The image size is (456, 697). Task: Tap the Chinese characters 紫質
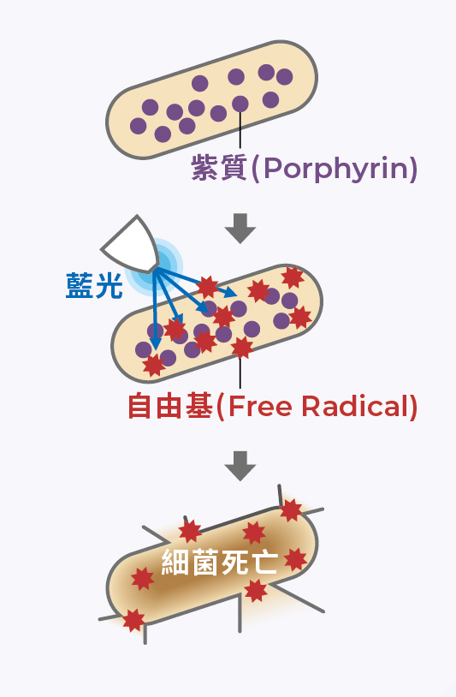click(x=219, y=168)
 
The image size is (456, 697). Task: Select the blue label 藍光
click(x=94, y=285)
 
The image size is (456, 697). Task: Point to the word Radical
click(x=354, y=406)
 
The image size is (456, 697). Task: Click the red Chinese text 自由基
click(x=170, y=406)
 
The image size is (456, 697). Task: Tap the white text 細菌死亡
click(x=220, y=563)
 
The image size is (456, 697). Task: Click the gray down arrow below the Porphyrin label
click(x=240, y=229)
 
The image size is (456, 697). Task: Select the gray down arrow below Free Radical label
click(x=240, y=466)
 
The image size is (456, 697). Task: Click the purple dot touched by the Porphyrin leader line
click(x=240, y=104)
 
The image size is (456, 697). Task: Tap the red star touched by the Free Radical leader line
click(x=242, y=348)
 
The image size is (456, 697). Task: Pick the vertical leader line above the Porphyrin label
click(x=240, y=130)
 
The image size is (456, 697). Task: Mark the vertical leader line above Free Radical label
click(x=240, y=373)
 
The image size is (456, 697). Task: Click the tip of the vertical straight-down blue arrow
click(x=155, y=350)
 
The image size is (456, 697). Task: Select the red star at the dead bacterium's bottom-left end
click(x=133, y=621)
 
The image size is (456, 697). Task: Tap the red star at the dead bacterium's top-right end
click(x=291, y=509)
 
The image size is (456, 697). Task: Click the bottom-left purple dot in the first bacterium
click(x=138, y=126)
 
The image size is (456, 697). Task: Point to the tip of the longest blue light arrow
click(x=237, y=295)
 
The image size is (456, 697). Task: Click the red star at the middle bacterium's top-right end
click(x=293, y=277)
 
